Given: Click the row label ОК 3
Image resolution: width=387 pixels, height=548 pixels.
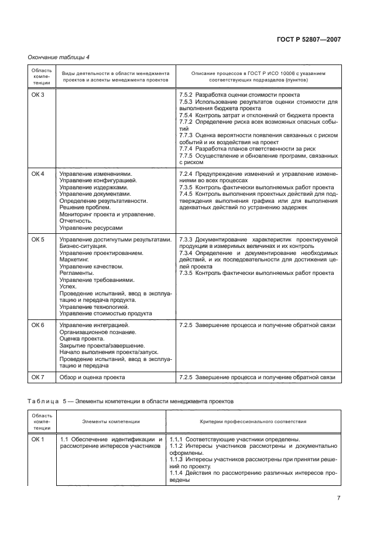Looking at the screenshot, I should coord(37,95).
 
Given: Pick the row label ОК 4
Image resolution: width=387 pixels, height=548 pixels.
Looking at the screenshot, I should coord(37,174).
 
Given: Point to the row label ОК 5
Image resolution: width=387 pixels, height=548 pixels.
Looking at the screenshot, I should coord(37,240).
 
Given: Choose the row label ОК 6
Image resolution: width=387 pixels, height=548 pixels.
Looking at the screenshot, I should coord(37,325).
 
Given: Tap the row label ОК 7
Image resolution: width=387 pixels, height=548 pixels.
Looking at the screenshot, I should coord(37,377).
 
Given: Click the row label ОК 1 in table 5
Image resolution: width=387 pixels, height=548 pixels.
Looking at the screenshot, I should coord(37,440).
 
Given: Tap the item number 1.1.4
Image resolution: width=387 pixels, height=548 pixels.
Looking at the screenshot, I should coord(177,473).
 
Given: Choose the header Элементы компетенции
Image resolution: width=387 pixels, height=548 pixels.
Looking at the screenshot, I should coord(111,421).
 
